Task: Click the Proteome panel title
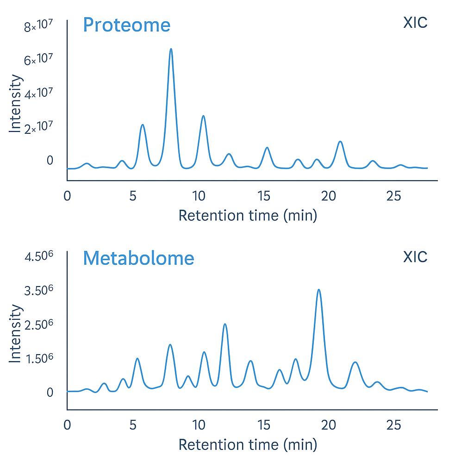[x=126, y=25]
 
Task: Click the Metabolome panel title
[x=138, y=258]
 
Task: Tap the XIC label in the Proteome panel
[x=415, y=22]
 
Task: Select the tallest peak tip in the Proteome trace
[x=171, y=49]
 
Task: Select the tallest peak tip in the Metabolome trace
[x=318, y=290]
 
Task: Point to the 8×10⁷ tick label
[x=39, y=27]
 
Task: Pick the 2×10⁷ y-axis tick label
[x=39, y=128]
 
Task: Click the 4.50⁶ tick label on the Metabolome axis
[x=38, y=256]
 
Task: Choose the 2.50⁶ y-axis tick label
[x=38, y=324]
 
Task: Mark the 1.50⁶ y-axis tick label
[x=38, y=358]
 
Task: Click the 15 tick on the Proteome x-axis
[x=264, y=196]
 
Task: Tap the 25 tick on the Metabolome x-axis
[x=394, y=424]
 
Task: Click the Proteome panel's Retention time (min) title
[x=248, y=215]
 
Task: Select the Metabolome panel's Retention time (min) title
[x=248, y=445]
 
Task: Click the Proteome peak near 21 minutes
[x=340, y=142]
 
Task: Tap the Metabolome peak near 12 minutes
[x=225, y=324]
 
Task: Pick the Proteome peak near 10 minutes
[x=203, y=116]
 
